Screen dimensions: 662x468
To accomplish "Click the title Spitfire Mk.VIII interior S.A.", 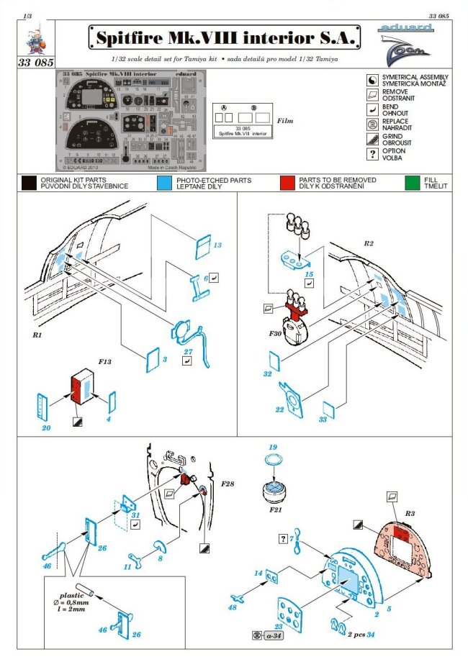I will click(x=225, y=37).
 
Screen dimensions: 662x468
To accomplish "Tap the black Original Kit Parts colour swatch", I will click(x=29, y=183).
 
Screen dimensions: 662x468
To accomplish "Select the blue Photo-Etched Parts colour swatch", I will click(x=163, y=183).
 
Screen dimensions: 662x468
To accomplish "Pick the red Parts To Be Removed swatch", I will click(x=287, y=183).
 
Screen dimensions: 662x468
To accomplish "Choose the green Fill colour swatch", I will click(x=412, y=183).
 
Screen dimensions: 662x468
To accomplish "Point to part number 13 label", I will click(x=218, y=245).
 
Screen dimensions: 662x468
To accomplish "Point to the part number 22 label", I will click(x=281, y=410).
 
